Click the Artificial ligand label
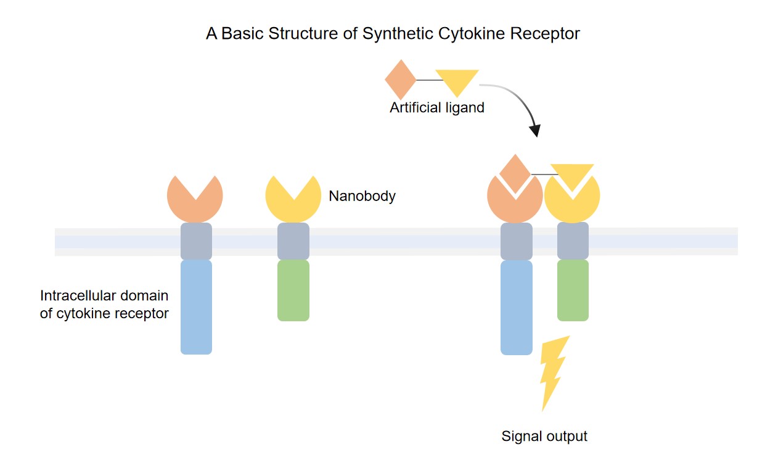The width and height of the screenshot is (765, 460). click(436, 108)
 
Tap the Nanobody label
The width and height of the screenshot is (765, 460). click(362, 197)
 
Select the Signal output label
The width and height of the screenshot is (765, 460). click(544, 437)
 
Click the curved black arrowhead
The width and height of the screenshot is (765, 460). click(535, 130)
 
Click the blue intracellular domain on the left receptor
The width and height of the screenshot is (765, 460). click(196, 306)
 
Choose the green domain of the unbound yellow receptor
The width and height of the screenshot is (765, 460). click(293, 290)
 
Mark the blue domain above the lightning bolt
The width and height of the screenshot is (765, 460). click(516, 306)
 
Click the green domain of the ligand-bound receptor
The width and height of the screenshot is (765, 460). click(573, 290)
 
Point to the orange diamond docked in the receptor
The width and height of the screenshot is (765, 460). click(515, 172)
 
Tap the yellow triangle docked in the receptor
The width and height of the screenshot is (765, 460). click(572, 175)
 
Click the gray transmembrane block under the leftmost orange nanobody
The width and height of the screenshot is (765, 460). click(196, 241)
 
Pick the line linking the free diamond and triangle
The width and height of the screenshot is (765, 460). click(426, 80)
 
